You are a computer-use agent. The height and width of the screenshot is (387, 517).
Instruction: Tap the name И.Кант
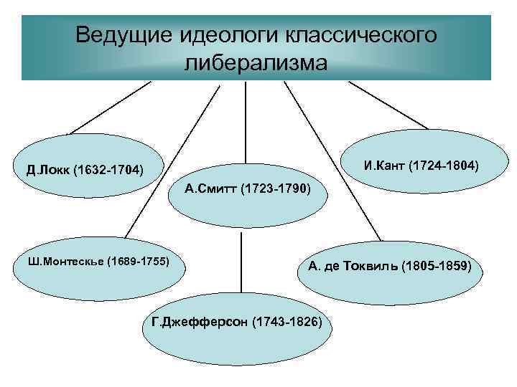coord(384,166)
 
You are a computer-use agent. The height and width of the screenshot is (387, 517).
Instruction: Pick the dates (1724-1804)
coord(443,166)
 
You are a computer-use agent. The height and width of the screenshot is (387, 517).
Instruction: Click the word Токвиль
coord(371,267)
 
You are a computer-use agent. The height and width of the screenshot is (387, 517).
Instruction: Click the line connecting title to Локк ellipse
coord(108,107)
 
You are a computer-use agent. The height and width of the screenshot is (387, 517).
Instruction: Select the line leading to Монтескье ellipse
coord(172,158)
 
